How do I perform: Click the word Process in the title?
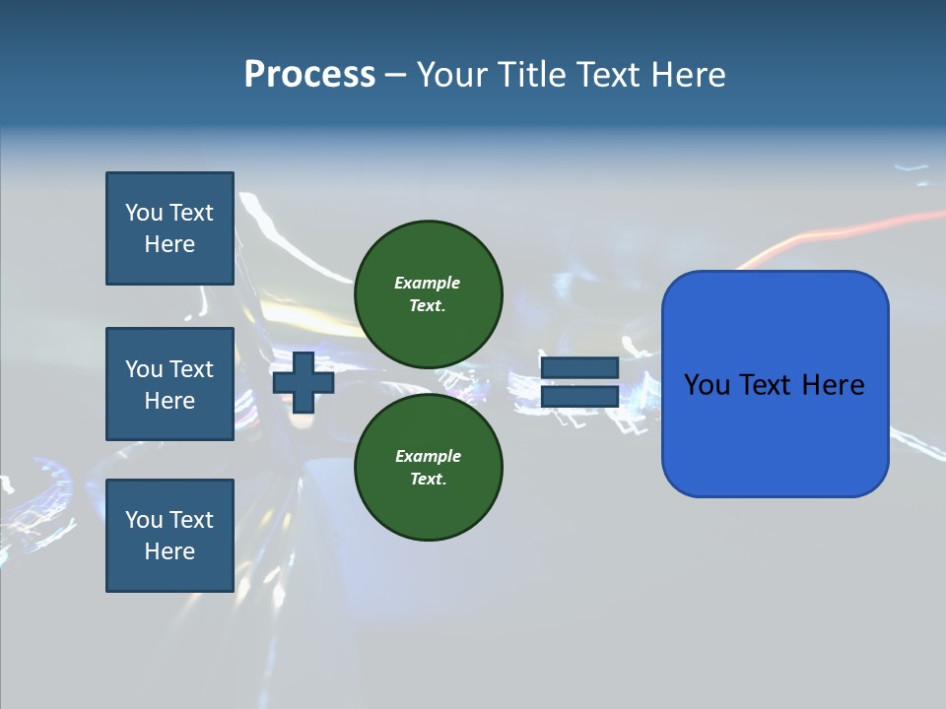pos(309,75)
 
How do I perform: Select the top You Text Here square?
pos(169,228)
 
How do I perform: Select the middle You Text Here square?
pos(169,384)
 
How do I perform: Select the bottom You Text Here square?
pos(169,536)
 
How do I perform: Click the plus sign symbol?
pos(304,382)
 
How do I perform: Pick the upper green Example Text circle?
pos(428,293)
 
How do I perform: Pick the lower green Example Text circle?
pos(428,467)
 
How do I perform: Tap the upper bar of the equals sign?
pos(579,368)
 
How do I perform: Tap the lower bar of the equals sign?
pos(579,396)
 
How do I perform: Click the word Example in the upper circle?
pos(427,283)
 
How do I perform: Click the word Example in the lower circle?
pos(427,456)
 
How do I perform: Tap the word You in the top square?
pos(143,213)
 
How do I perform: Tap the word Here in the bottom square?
pos(169,551)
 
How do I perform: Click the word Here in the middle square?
pos(169,401)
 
